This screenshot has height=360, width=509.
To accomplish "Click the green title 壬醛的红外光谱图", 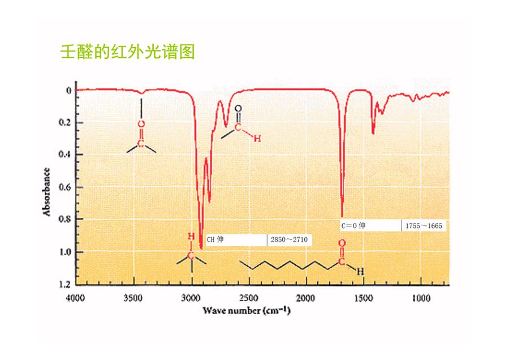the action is click(x=128, y=52).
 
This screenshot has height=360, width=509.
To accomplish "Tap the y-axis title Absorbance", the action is click(x=46, y=192).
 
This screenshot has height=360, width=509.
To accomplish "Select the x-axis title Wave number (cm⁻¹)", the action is click(x=247, y=311).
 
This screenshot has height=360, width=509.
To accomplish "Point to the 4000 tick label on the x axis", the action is click(x=75, y=298).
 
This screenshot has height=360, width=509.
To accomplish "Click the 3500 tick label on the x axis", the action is click(x=133, y=298).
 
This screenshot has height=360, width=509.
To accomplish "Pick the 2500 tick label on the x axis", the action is click(x=249, y=298).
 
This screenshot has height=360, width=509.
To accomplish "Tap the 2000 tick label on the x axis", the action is click(x=305, y=298).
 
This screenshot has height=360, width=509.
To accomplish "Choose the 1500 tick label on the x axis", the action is click(x=363, y=298).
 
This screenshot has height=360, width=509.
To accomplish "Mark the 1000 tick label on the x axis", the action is click(x=421, y=298).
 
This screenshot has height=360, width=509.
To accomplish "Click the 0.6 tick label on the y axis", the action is click(x=64, y=187).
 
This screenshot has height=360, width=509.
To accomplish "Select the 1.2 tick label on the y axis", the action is click(x=64, y=284).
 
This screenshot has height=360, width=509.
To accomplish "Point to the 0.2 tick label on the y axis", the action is click(x=64, y=122).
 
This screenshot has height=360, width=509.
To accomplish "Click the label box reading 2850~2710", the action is click(x=290, y=240).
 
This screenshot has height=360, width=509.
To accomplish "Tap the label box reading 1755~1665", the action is click(x=424, y=226).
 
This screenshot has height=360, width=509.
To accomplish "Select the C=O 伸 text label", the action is click(x=353, y=225).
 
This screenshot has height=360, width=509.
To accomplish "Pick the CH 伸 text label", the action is click(x=215, y=239).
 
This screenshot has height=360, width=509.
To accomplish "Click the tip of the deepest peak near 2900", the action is click(x=201, y=248).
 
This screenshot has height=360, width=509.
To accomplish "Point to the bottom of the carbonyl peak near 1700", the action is click(x=342, y=216).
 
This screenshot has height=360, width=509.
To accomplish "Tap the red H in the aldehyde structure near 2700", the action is click(x=257, y=139).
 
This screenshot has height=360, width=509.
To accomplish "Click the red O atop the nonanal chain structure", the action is click(x=342, y=243).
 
